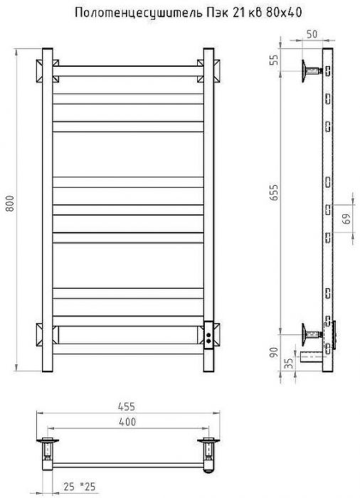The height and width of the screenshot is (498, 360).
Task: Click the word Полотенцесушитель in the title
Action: (x=137, y=13)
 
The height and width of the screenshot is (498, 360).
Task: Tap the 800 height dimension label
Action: (x=10, y=203)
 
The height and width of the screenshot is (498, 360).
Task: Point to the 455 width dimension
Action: (x=127, y=406)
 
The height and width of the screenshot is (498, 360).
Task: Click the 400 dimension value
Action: (x=127, y=421)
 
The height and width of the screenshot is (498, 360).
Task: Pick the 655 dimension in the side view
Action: (x=274, y=192)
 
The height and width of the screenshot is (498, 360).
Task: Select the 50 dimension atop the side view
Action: (x=312, y=34)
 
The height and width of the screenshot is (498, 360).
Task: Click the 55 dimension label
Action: (x=274, y=60)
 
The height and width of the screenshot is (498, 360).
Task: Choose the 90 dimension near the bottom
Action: (x=274, y=352)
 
